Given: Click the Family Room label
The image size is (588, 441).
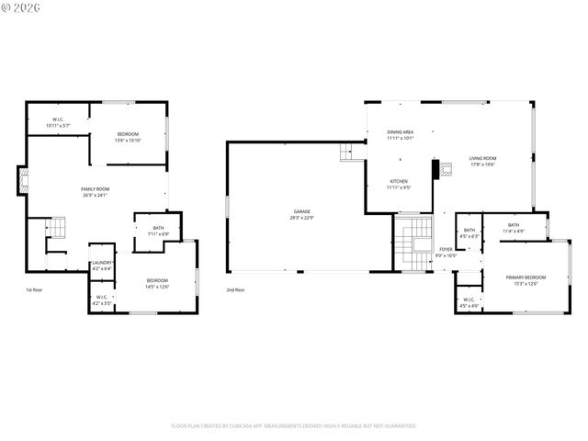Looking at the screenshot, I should coord(95,191).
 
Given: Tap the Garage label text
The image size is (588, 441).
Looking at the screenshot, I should coord(302,214).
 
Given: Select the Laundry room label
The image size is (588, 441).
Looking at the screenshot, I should coord(102,266).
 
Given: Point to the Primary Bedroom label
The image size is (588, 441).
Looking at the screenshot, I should coord(525,279).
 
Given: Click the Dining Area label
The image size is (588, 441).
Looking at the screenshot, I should coord(400,135).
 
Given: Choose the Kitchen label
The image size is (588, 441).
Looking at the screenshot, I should coord(398,184).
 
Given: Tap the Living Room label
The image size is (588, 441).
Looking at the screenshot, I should coord(482,162).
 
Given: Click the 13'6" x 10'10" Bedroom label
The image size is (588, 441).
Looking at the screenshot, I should coord(127,137).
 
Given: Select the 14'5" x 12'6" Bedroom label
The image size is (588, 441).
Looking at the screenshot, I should coord(156,283).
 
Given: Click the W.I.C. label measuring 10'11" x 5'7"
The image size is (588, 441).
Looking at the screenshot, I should coord(57,122).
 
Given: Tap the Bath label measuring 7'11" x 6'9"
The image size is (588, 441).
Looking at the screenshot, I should coord(158,231).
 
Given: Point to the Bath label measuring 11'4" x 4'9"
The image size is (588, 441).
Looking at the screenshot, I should coord(513,228).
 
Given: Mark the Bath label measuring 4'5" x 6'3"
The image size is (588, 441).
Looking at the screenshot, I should coord(469,232).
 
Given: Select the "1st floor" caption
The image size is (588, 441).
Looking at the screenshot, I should coord(34,290).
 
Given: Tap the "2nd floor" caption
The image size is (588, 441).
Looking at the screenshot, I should coord(236,290).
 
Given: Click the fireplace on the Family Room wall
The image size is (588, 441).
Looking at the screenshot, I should coord(22,180).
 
